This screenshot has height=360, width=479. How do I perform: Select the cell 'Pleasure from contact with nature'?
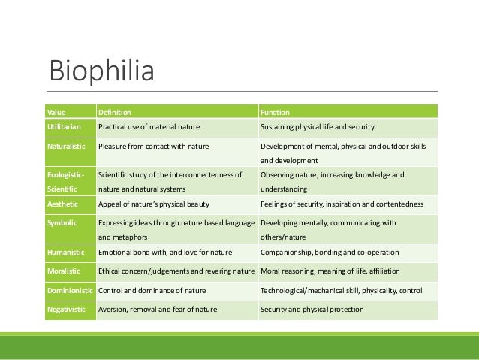click(x=153, y=145)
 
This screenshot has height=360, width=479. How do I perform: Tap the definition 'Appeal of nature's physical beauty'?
click(x=153, y=204)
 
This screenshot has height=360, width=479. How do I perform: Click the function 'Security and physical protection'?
click(x=312, y=309)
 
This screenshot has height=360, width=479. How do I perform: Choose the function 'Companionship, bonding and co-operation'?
click(x=330, y=252)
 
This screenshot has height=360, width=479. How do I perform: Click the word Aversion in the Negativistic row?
click(x=113, y=309)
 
